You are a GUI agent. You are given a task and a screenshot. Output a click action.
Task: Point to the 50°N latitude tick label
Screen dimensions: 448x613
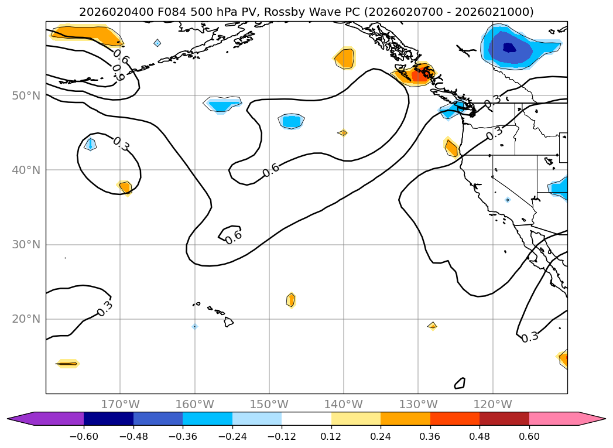click(26, 95)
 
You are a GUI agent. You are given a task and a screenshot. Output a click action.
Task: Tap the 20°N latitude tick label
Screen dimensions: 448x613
click(26, 319)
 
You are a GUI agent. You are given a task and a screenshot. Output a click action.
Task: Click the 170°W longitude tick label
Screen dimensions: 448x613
click(120, 404)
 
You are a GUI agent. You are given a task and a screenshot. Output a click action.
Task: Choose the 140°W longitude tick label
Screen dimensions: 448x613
click(343, 404)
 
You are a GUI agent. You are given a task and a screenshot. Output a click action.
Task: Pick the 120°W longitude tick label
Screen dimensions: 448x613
click(492, 404)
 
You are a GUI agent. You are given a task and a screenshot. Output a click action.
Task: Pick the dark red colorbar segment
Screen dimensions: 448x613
click(504, 419)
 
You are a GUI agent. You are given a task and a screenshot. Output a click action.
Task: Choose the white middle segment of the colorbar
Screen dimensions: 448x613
click(306, 419)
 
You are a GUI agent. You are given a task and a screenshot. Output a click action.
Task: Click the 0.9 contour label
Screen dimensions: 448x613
click(119, 76)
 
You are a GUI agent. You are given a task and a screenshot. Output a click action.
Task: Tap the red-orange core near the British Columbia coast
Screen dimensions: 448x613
click(420, 75)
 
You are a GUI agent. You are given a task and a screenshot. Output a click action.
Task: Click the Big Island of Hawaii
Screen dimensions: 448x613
click(228, 322)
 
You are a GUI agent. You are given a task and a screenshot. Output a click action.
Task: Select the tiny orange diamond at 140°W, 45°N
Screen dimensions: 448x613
click(343, 133)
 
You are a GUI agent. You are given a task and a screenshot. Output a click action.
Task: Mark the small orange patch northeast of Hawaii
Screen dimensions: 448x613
click(291, 300)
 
